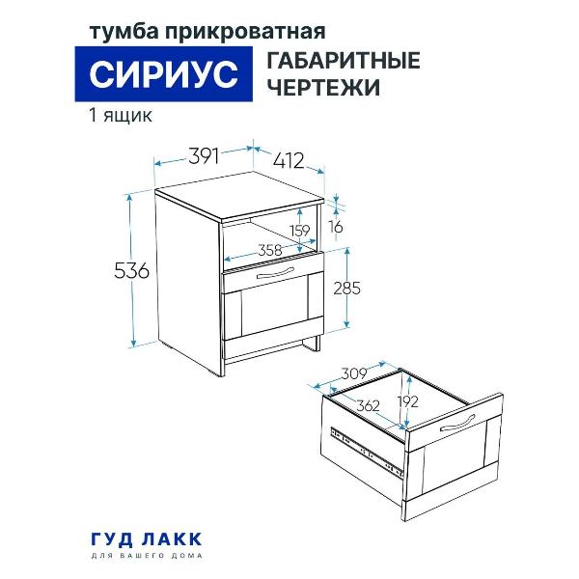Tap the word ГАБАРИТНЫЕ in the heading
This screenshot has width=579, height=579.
coord(342,61)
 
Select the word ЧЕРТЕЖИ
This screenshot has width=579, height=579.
coord(320,88)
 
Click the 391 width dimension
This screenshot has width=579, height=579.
coord(204,155)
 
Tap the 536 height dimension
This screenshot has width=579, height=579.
coord(131,272)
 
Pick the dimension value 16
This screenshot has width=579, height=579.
coord(335,226)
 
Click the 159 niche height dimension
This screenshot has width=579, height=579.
coord(300,231)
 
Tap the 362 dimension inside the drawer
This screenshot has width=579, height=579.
coord(367,406)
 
